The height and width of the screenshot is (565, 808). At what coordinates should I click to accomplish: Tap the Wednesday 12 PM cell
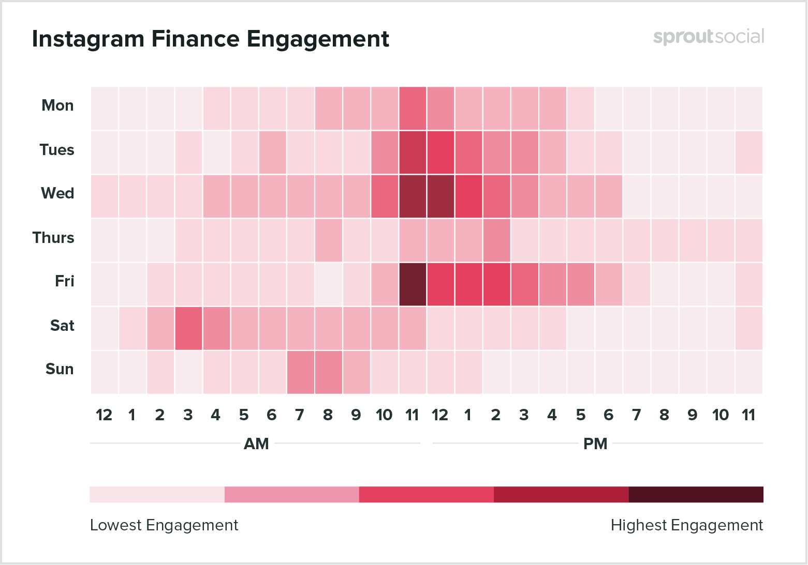tap(440, 196)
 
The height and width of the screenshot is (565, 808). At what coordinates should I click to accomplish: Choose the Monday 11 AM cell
tap(413, 109)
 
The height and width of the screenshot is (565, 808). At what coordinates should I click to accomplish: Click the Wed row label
tap(57, 193)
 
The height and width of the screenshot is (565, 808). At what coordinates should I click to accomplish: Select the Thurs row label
tap(53, 238)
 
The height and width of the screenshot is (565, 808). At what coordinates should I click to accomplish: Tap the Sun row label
tap(60, 369)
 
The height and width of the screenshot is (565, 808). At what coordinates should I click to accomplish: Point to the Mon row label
tap(57, 105)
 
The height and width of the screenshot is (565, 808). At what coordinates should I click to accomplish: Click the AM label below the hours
tap(256, 444)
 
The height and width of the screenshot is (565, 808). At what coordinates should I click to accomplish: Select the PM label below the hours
tap(595, 444)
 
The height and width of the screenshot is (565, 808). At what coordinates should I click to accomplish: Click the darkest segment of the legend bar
tap(696, 494)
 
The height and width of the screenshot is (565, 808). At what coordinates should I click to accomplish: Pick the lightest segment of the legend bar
tap(157, 494)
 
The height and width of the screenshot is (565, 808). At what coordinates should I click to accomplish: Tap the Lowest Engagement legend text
tap(164, 525)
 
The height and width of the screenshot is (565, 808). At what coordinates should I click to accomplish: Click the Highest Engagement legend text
tap(686, 525)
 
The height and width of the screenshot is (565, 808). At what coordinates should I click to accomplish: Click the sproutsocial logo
tap(708, 37)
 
